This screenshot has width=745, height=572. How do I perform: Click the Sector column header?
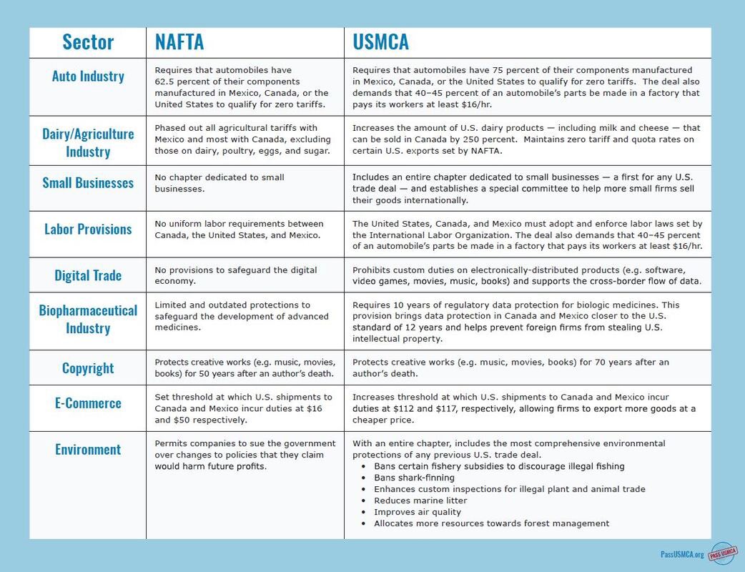click(88, 42)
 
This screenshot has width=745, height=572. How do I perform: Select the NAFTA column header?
click(179, 42)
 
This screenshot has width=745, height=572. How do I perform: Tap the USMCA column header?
click(381, 42)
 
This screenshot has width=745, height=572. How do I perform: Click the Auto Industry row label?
click(88, 76)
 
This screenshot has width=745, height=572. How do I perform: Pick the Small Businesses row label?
click(88, 182)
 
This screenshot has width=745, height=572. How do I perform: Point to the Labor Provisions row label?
click(88, 229)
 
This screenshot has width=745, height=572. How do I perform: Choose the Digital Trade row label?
click(88, 275)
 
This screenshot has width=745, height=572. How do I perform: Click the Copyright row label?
click(88, 368)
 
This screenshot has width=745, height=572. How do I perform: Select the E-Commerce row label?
click(88, 403)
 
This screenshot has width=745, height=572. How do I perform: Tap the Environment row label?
click(88, 449)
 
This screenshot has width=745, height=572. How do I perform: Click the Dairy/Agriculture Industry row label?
click(88, 142)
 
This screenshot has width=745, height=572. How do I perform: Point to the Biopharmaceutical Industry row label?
click(88, 319)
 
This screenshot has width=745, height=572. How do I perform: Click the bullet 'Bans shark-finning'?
click(414, 478)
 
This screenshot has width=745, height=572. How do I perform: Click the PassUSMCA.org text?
click(682, 554)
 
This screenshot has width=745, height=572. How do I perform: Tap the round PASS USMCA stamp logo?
click(723, 553)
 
